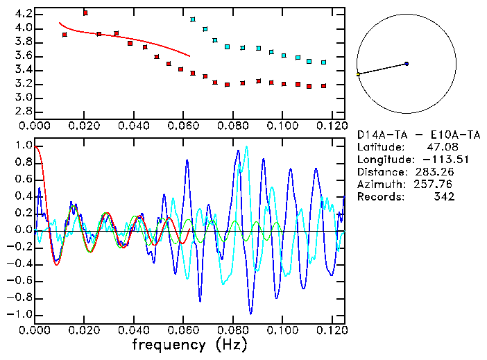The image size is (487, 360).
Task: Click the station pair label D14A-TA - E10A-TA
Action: (418, 135)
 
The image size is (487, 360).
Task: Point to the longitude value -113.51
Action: (434, 160)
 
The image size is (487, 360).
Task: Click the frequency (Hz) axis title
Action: (189, 345)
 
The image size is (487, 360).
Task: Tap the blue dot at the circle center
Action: (407, 64)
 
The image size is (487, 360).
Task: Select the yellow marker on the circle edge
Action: (358, 74)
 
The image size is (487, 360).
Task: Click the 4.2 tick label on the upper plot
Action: (24, 14)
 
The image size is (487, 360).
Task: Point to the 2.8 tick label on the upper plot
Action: (24, 112)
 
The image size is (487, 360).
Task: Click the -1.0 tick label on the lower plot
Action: (21, 314)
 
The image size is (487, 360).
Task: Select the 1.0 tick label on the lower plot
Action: (24, 146)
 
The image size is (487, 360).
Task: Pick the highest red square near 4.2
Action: (85, 12)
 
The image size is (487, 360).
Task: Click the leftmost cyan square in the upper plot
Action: (193, 19)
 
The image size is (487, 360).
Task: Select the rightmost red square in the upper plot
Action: (324, 86)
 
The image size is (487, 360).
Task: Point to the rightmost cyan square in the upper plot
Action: (324, 62)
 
